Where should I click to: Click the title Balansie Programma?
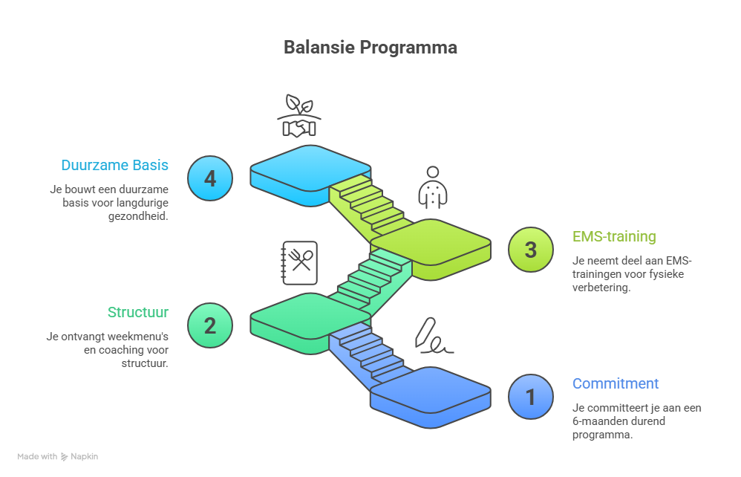click(x=370, y=48)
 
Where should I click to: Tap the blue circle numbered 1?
click(x=531, y=397)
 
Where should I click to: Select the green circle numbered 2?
click(x=210, y=325)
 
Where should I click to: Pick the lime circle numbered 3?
click(x=531, y=250)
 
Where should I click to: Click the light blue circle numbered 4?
click(x=210, y=178)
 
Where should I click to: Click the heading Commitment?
click(x=616, y=383)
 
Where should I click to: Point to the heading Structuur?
click(x=137, y=312)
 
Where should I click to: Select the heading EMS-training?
click(x=614, y=236)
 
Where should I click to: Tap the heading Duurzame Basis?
click(x=115, y=165)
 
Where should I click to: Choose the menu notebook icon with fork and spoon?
click(x=299, y=262)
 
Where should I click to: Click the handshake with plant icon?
click(x=299, y=117)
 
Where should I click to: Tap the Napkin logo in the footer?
click(x=79, y=457)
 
